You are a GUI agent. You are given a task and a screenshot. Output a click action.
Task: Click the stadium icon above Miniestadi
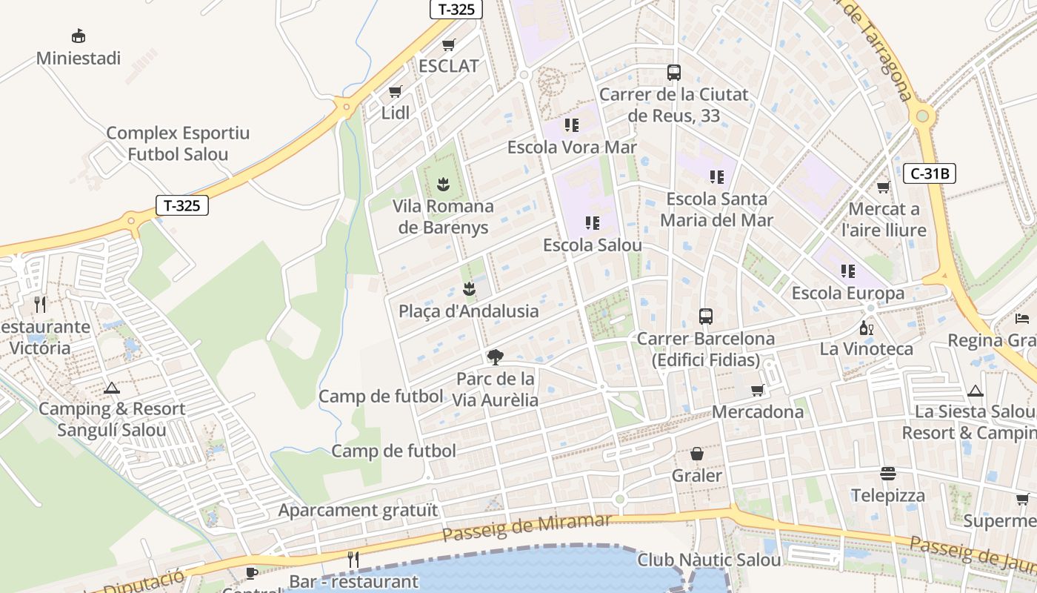click(x=78, y=36)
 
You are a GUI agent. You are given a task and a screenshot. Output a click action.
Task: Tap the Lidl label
click(x=395, y=113)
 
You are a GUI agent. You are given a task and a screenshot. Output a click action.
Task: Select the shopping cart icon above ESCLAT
click(x=448, y=45)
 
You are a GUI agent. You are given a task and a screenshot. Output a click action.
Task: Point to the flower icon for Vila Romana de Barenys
click(x=443, y=183)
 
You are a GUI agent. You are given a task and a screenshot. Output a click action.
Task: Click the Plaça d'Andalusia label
click(x=468, y=311)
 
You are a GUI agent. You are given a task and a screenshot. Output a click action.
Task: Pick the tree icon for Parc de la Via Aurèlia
click(x=495, y=357)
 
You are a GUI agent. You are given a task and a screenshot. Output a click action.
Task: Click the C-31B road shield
click(x=929, y=174)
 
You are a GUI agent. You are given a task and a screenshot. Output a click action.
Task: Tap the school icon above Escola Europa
click(x=848, y=271)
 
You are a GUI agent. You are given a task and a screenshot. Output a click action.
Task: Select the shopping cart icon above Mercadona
click(x=757, y=390)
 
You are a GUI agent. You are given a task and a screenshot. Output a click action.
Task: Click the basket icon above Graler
click(x=697, y=453)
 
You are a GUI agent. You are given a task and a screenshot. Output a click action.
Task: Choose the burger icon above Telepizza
click(x=887, y=473)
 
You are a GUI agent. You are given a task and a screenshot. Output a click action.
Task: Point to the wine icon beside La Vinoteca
click(x=865, y=327)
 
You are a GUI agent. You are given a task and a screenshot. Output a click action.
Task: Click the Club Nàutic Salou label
click(x=709, y=560)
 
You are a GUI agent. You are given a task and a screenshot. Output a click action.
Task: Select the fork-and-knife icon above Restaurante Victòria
click(x=40, y=304)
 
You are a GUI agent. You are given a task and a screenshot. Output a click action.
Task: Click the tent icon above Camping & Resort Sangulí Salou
click(x=112, y=387)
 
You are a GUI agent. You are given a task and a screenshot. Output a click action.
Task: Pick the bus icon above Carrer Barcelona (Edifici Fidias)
click(x=706, y=317)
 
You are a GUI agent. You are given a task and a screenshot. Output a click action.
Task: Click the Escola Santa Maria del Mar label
click(x=716, y=210)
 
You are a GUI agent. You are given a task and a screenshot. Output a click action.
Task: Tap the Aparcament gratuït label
click(x=358, y=510)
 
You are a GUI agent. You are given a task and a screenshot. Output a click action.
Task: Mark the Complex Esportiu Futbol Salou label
click(x=178, y=144)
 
